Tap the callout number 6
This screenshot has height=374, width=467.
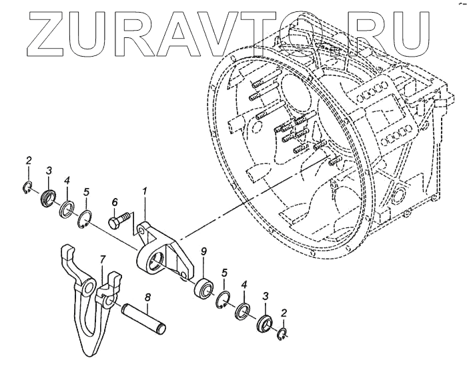click(x=115, y=202)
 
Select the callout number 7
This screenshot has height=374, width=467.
click(x=103, y=258)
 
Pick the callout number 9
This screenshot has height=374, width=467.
click(x=203, y=252)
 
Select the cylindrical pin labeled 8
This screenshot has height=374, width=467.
click(x=144, y=319)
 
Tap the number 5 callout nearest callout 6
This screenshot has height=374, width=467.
click(x=86, y=193)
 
